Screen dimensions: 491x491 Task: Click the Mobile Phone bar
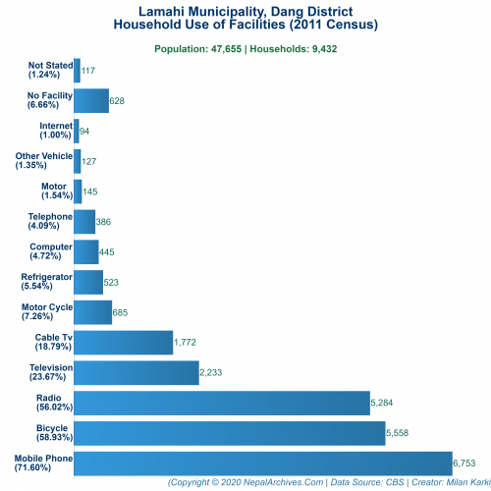(x=262, y=463)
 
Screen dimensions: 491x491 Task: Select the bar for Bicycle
(x=230, y=433)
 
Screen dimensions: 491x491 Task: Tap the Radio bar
(x=222, y=403)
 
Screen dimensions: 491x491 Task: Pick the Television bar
(x=136, y=372)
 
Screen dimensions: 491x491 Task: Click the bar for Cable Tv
(x=124, y=342)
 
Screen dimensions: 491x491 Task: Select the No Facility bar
(x=91, y=101)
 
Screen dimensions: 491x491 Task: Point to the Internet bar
(x=77, y=132)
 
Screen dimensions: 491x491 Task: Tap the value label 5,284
(x=384, y=403)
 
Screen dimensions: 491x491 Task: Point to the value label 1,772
(x=188, y=343)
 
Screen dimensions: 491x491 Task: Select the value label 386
(x=103, y=222)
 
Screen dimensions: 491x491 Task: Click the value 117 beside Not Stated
(x=88, y=71)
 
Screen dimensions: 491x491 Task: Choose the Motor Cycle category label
(x=47, y=312)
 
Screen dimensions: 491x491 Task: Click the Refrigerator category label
(x=47, y=282)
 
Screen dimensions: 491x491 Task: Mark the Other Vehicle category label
(x=44, y=161)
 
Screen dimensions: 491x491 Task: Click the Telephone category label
(x=50, y=221)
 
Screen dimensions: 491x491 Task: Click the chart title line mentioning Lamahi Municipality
(x=245, y=10)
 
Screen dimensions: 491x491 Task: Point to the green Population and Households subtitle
(x=245, y=47)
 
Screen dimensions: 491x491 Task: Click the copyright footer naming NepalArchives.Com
(x=328, y=483)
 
